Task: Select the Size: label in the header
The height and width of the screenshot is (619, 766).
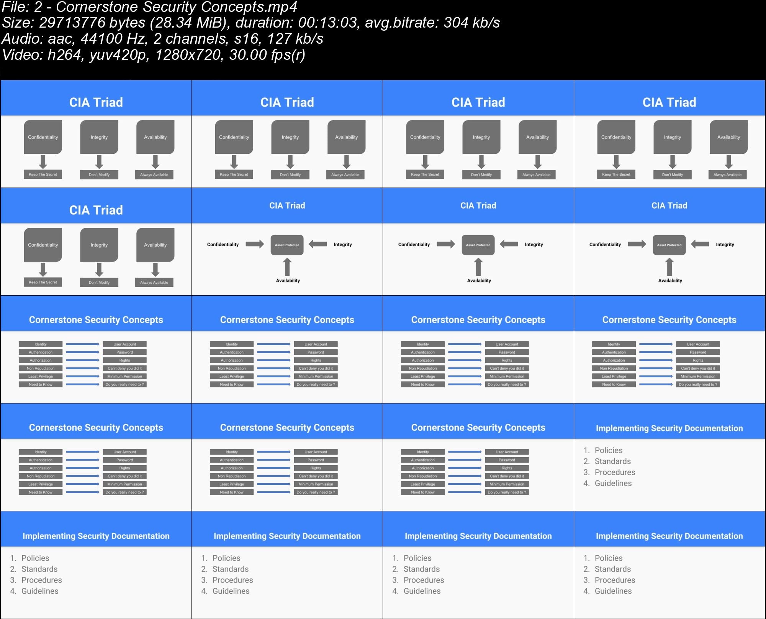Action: (x=17, y=23)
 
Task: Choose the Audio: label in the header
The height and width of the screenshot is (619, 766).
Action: (x=21, y=39)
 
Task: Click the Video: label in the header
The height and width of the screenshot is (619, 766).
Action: (x=21, y=55)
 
